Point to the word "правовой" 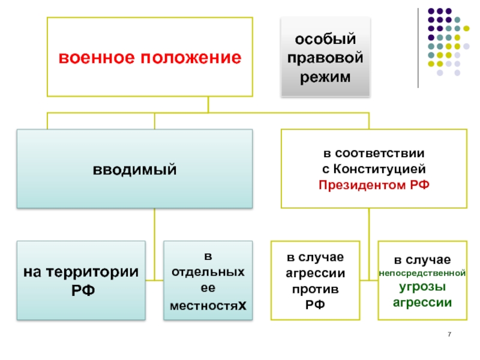tap(325, 58)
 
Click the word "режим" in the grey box tap(325, 77)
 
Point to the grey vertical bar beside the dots tap(419, 48)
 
